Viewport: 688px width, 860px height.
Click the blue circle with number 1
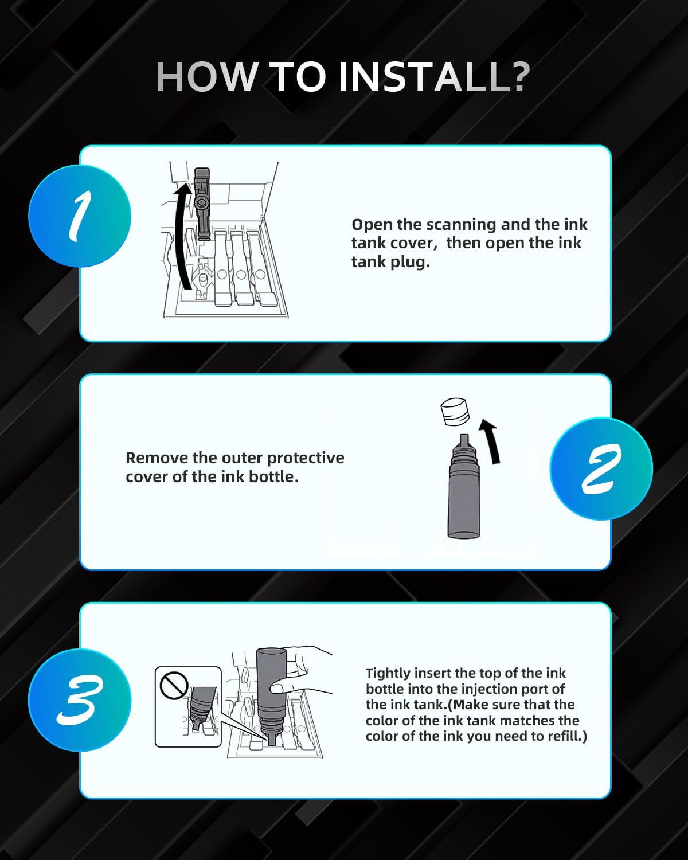(80, 216)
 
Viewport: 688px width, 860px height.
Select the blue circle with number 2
(601, 468)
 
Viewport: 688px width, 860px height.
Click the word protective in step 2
(305, 458)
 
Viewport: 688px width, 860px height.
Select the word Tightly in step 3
(388, 673)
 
